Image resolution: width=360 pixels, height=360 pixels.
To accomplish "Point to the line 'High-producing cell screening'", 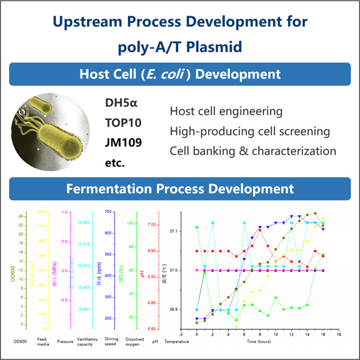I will click(250, 131).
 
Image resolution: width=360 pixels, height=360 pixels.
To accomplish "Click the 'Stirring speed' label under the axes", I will click(109, 346).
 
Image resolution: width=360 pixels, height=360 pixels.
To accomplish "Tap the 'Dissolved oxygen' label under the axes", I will click(132, 346).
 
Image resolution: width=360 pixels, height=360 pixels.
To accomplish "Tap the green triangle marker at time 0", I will click(197, 227).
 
